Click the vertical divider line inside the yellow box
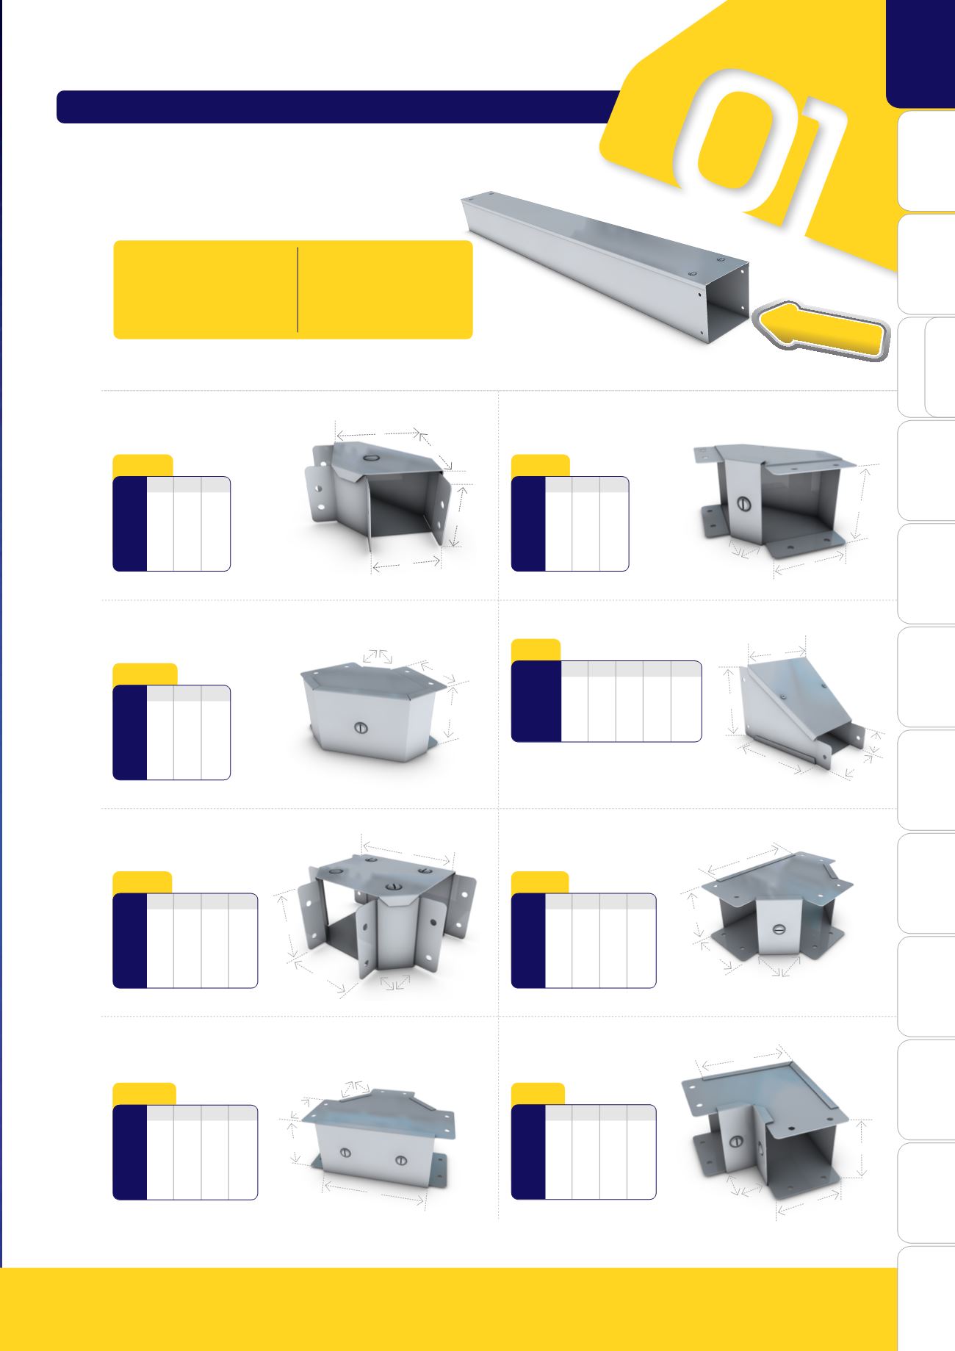pos(298,289)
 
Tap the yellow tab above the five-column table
pos(536,650)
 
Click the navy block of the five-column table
pos(536,702)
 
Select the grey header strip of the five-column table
pos(631,669)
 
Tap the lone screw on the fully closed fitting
pos(360,729)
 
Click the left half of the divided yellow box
pos(206,289)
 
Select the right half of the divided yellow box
pos(386,289)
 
